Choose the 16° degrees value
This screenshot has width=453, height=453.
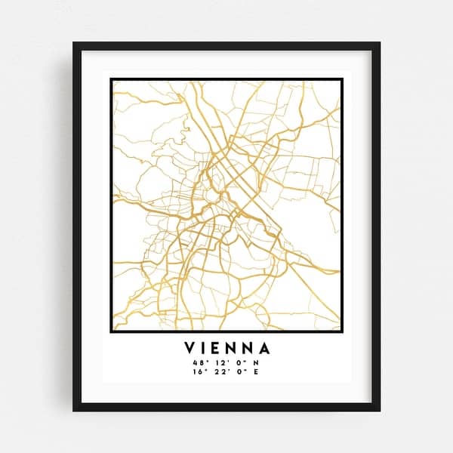pos(200,372)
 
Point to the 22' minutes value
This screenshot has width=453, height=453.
pos(219,372)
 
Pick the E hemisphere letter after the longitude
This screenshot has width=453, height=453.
pos(256,372)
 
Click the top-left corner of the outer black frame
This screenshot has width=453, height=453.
pos(74,43)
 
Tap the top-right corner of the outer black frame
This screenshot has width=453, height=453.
pos(379,43)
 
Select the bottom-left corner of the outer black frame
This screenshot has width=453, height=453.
pos(74,410)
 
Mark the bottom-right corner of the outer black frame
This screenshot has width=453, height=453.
pos(379,410)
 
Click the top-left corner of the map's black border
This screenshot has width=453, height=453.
pos(111,79)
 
